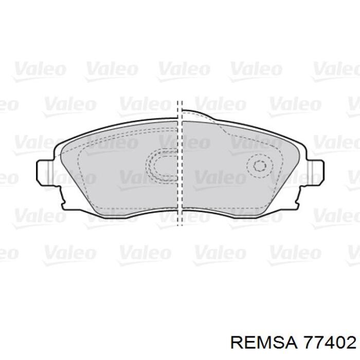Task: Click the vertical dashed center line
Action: (179, 165)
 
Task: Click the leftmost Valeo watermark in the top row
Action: (39, 69)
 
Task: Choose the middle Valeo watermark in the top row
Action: (183, 69)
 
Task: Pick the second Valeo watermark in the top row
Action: (111, 69)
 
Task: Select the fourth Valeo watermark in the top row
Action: (255, 69)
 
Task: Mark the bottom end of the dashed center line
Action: (179, 225)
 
